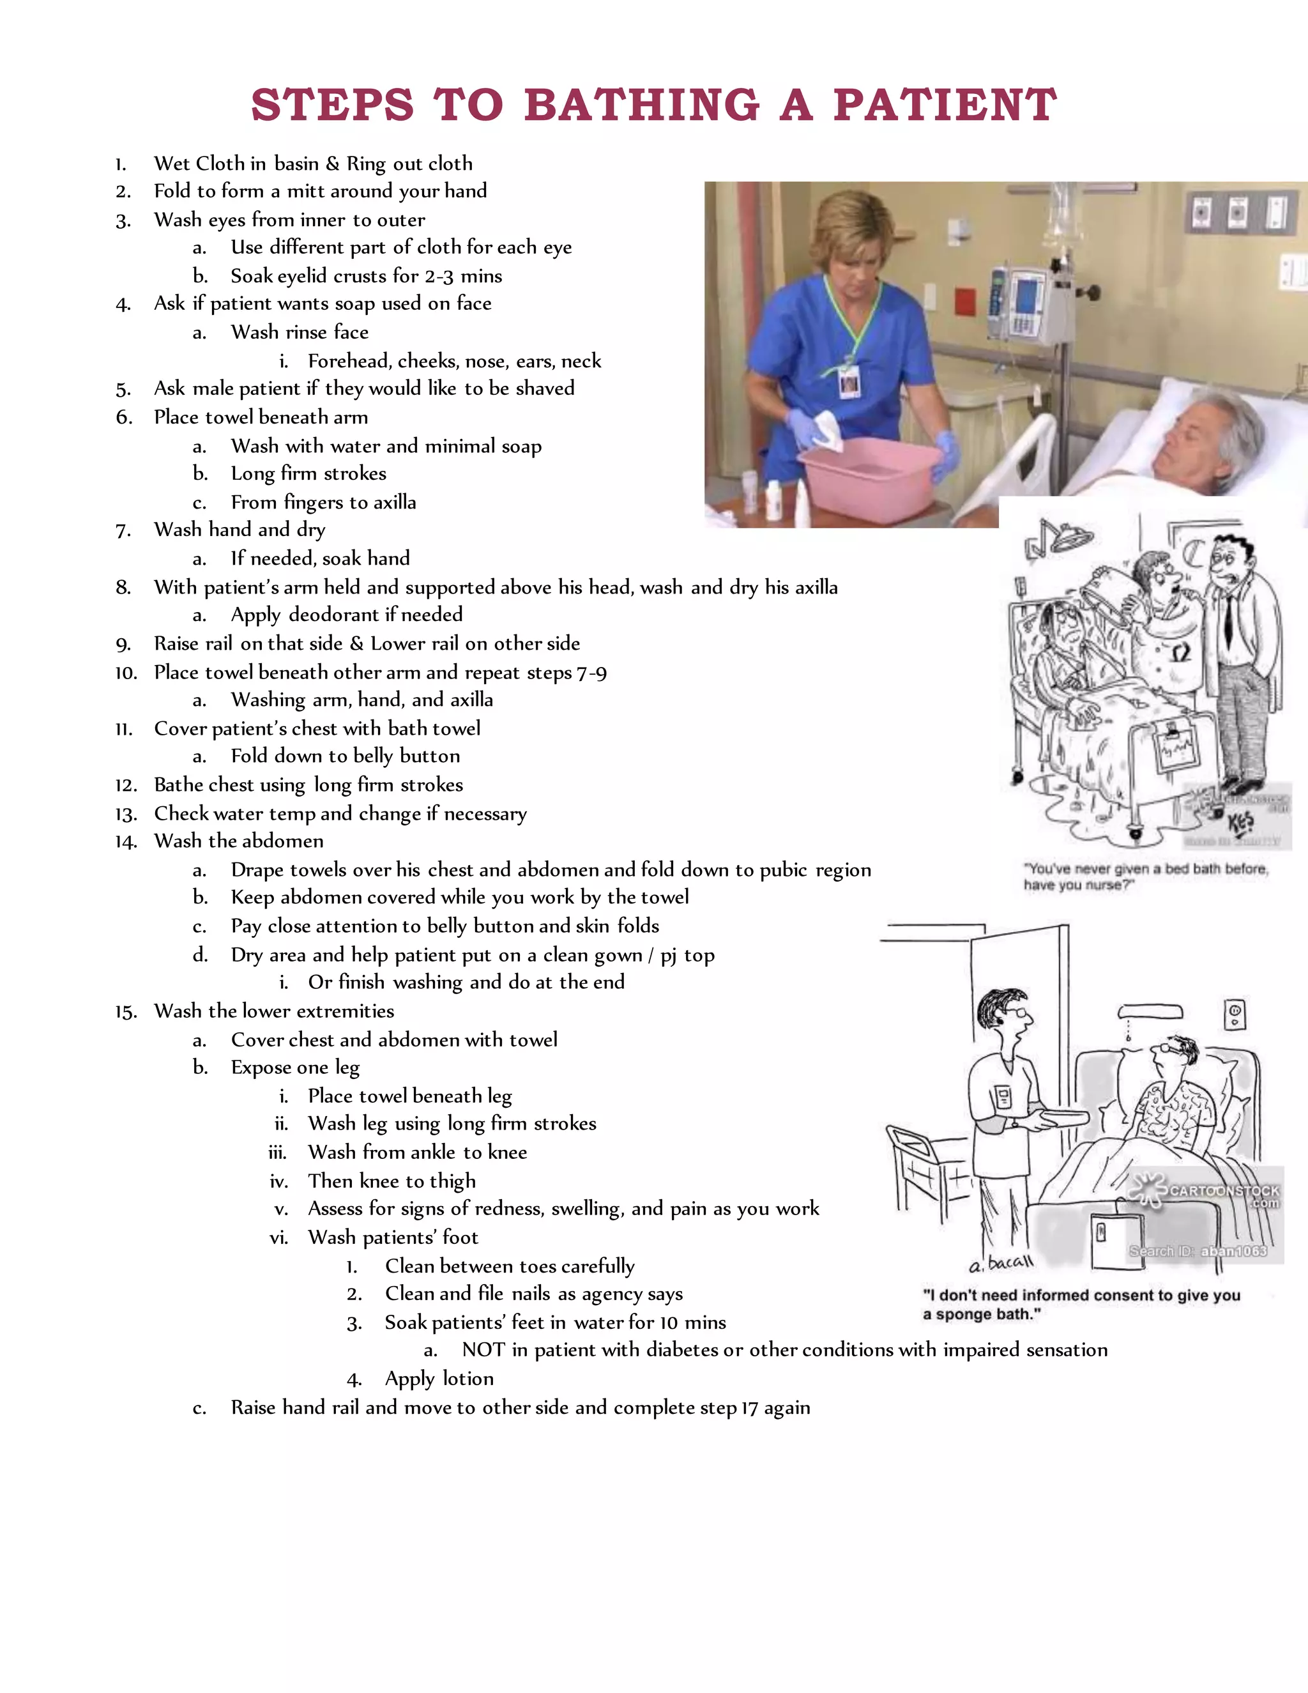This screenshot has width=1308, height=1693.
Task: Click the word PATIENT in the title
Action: click(x=945, y=105)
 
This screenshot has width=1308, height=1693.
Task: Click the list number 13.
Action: click(x=126, y=814)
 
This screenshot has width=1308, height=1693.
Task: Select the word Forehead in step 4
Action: click(x=349, y=361)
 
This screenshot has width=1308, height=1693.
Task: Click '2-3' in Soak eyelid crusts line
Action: click(x=439, y=277)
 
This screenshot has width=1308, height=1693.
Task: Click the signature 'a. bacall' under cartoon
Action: click(x=1000, y=1264)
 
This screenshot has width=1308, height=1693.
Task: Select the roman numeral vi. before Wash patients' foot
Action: click(x=278, y=1238)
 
